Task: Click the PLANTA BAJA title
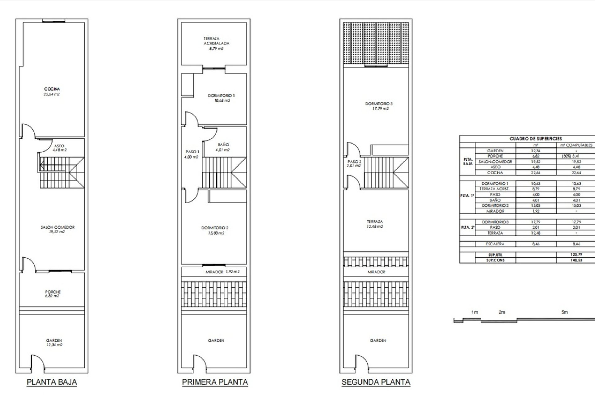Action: (x=52, y=382)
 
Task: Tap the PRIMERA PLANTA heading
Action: (x=215, y=382)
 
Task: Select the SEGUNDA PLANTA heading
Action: (x=376, y=382)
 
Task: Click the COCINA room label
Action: (x=52, y=89)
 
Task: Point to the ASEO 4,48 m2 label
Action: (x=59, y=148)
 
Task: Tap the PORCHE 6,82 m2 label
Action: (x=53, y=294)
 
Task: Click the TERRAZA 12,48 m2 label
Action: (x=375, y=224)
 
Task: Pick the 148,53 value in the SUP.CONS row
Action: (x=576, y=260)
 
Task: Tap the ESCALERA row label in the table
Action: (x=495, y=244)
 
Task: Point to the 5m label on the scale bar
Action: (x=565, y=312)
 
